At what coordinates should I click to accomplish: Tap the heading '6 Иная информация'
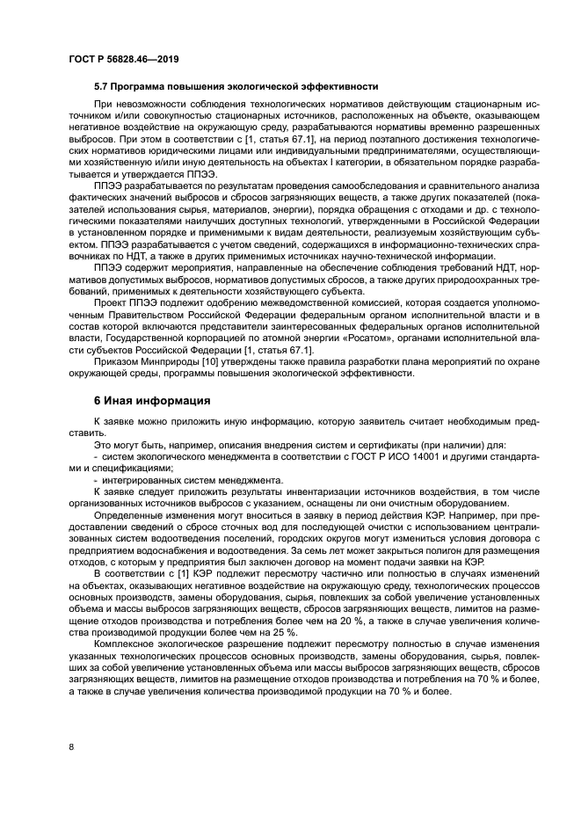[x=151, y=402]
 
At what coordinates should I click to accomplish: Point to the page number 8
[x=70, y=747]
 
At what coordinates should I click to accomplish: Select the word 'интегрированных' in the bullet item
[x=141, y=479]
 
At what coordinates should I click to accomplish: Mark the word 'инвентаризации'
[x=287, y=491]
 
